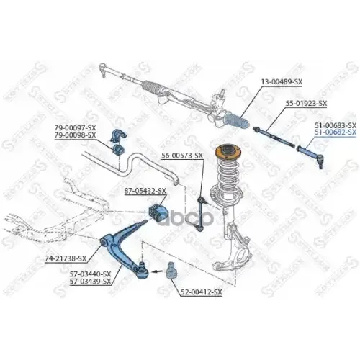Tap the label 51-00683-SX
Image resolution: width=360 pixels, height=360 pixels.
pos(336,125)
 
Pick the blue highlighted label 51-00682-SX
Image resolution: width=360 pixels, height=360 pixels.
pos(336,132)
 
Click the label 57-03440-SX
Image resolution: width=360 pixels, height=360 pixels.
pos(91,274)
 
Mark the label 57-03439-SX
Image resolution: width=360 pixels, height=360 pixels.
pos(91,282)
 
